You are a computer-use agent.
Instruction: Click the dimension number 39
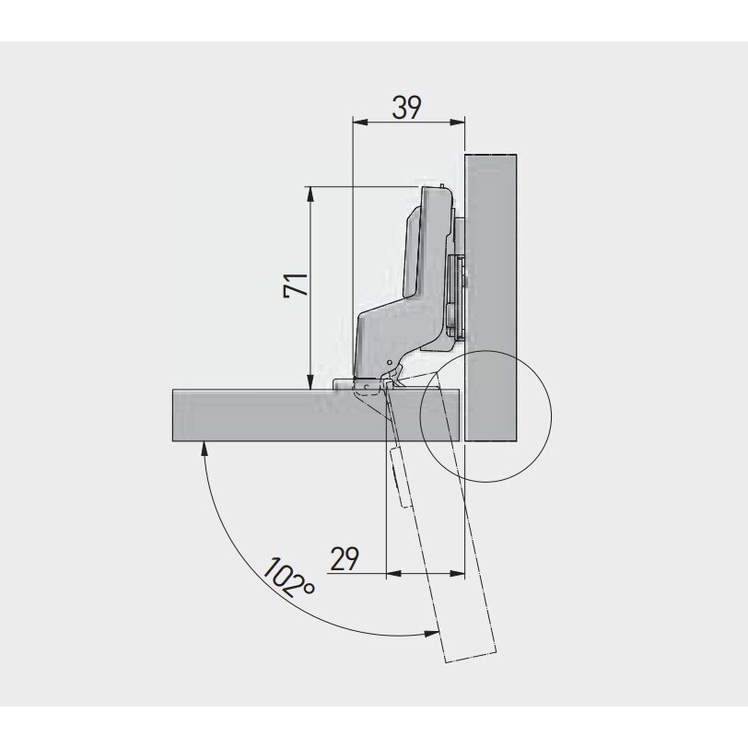pyautogui.click(x=406, y=108)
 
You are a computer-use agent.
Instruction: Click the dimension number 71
pyautogui.click(x=296, y=286)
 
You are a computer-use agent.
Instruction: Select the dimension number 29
pyautogui.click(x=345, y=558)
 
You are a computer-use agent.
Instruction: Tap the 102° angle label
pyautogui.click(x=288, y=578)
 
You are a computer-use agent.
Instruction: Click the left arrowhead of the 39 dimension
pyautogui.click(x=359, y=123)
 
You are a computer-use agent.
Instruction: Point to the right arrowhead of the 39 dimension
pyautogui.click(x=457, y=123)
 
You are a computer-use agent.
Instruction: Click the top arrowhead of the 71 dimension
pyautogui.click(x=310, y=193)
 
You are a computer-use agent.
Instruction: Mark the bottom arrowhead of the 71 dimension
pyautogui.click(x=310, y=381)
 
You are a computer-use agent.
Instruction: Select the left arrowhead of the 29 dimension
pyautogui.click(x=393, y=573)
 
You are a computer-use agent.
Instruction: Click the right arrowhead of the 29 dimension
pyautogui.click(x=457, y=573)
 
